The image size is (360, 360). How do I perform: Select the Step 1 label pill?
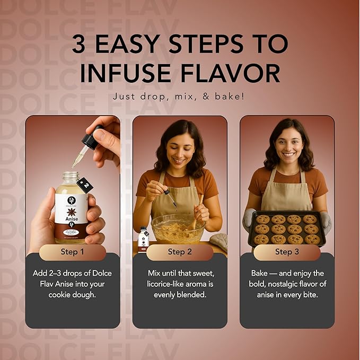coord(73,252)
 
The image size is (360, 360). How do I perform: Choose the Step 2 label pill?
coord(180,252)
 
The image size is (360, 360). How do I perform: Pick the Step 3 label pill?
coord(287,252)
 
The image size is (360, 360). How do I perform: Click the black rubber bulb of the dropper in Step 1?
coord(91,141)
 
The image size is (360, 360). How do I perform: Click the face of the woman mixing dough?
coord(179,146)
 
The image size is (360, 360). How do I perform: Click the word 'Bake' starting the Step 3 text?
coord(261,274)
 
